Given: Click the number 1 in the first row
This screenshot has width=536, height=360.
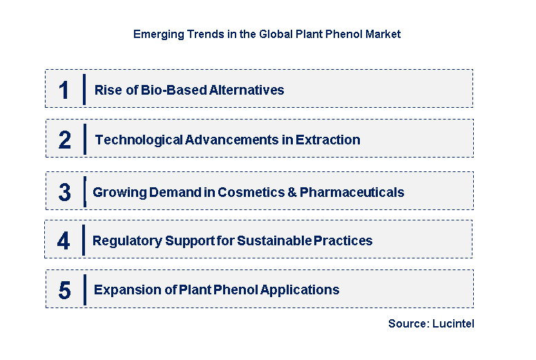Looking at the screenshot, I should (x=64, y=90).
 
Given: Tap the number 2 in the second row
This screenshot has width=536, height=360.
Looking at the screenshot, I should (x=64, y=140).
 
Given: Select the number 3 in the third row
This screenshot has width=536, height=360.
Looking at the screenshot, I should (x=64, y=193).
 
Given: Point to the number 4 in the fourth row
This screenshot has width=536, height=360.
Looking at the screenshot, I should (x=64, y=241).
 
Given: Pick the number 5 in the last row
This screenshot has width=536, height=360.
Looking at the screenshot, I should (x=64, y=290).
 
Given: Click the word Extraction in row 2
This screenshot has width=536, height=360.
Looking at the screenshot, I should (x=328, y=140).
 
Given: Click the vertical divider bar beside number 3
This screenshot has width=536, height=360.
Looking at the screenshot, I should (x=84, y=191).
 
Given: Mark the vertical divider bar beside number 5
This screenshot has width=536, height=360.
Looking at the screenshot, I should (x=84, y=290).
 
